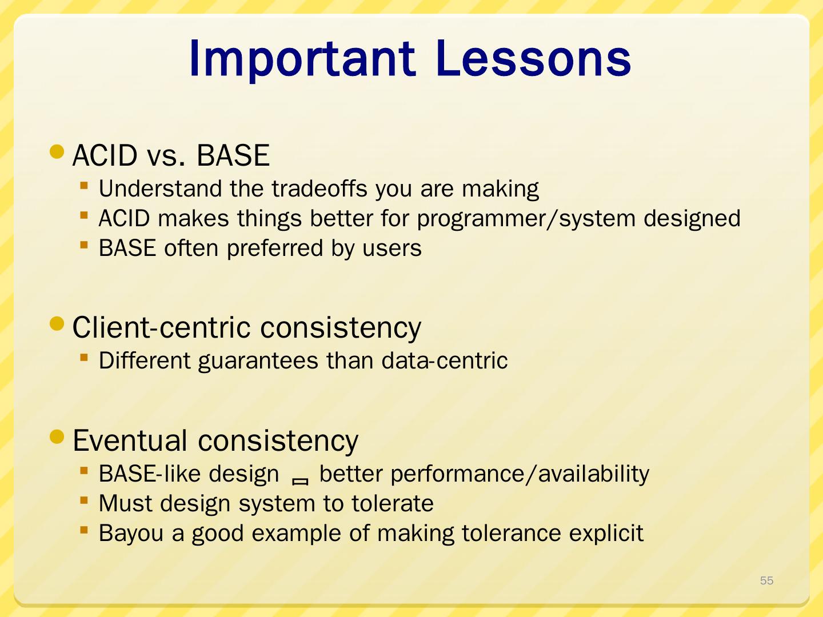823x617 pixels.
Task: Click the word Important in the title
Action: click(x=302, y=59)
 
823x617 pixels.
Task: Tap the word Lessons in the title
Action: click(x=533, y=58)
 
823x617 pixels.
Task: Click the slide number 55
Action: click(x=766, y=580)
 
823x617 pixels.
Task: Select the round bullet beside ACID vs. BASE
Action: click(x=57, y=152)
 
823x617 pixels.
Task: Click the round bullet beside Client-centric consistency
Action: click(x=57, y=324)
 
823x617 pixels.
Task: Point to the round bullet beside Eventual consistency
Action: click(x=57, y=436)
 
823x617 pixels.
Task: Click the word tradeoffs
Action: click(x=319, y=188)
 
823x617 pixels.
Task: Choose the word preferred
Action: click(x=275, y=249)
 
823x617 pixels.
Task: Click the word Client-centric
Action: click(x=161, y=327)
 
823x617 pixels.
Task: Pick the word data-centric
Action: click(x=444, y=360)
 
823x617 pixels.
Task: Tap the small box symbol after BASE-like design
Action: click(x=300, y=482)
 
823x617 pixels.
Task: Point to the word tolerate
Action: click(x=393, y=503)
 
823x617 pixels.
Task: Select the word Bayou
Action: click(x=131, y=534)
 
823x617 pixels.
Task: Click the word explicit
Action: click(x=606, y=534)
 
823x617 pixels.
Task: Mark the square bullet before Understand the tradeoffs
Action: click(x=84, y=186)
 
